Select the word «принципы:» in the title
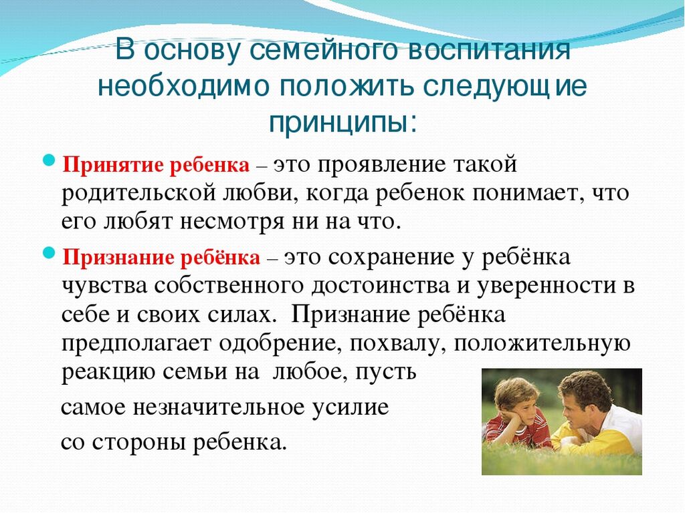[x=343, y=122]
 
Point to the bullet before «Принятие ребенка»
[x=50, y=160]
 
